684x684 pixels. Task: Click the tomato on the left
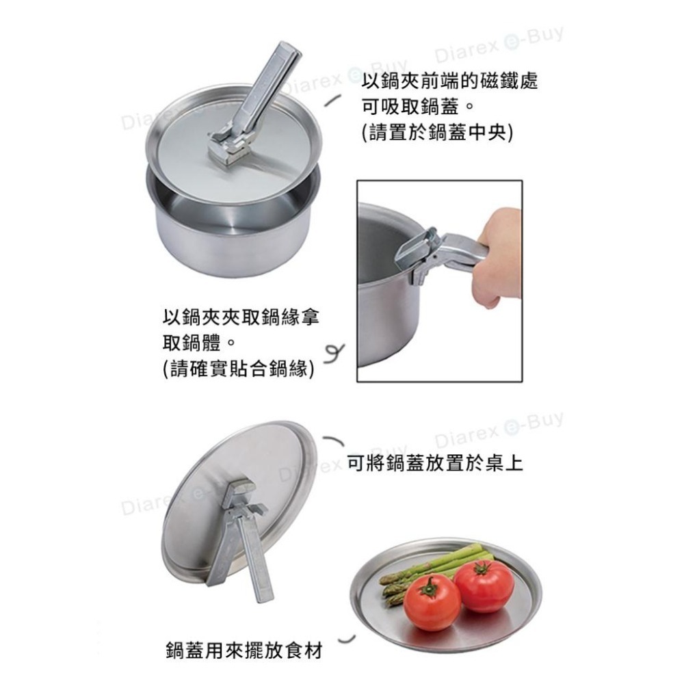pos(432,602)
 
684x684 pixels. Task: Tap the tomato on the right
pos(484,586)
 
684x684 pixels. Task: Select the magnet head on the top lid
pos(230,146)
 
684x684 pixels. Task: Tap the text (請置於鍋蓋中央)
pos(437,131)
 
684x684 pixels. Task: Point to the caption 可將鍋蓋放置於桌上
pos(435,464)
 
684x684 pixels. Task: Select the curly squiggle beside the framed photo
pos(335,353)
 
